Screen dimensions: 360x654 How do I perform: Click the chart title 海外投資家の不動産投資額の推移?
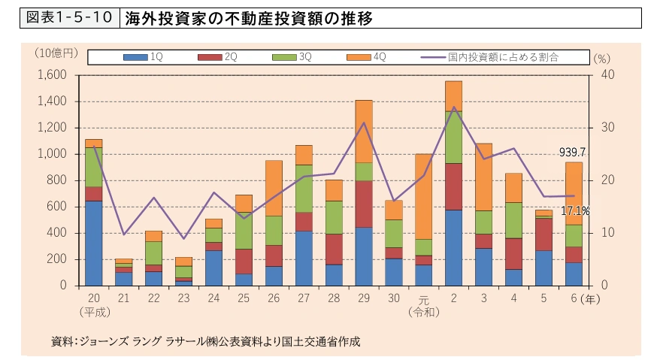tap(248, 18)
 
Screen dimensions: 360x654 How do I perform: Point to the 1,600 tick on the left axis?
tap(52, 74)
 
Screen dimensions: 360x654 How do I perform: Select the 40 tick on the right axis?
tap(608, 74)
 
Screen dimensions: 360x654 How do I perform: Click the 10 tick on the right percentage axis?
tap(607, 233)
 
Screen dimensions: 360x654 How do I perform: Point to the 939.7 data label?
tap(572, 152)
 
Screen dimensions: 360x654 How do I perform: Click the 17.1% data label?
tap(574, 211)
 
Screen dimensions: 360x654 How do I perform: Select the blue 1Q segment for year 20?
tap(93, 243)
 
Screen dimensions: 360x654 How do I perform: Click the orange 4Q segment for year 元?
tap(423, 196)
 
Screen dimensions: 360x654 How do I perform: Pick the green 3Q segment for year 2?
tap(453, 138)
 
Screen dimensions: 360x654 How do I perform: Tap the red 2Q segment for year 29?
tap(364, 204)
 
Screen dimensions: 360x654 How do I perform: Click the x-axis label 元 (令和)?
tap(423, 304)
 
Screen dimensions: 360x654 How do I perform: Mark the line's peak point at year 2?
tap(453, 107)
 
